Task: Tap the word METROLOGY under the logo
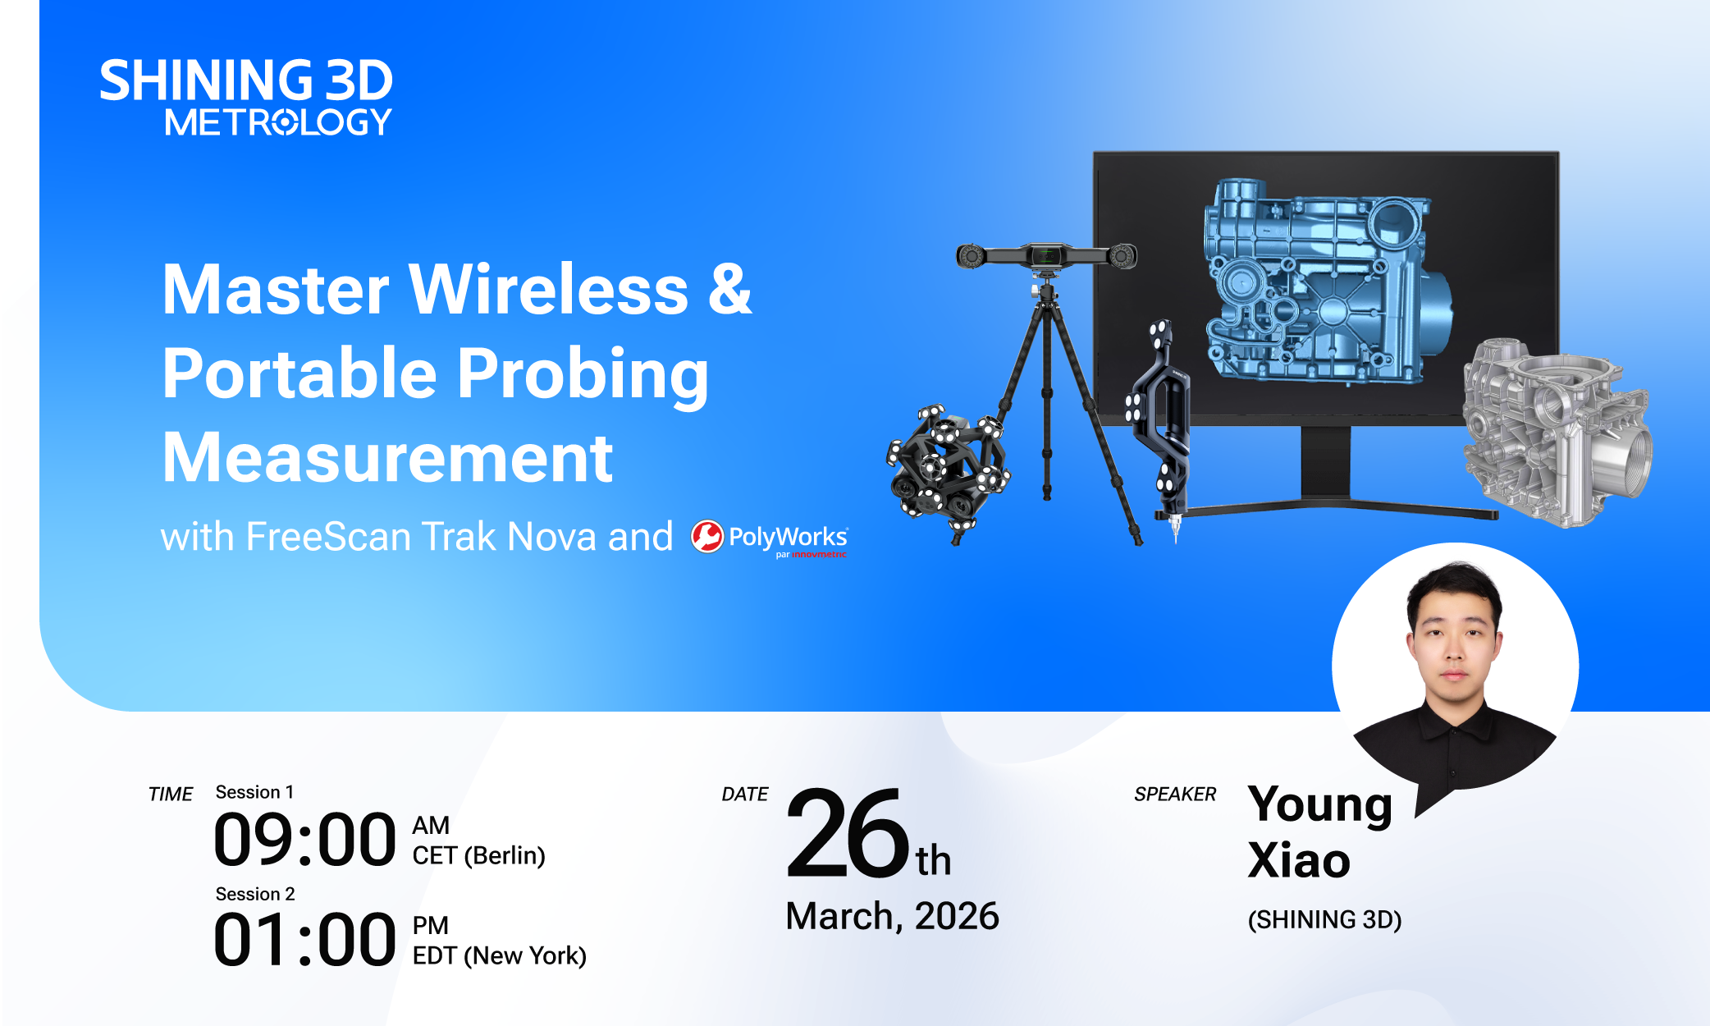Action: click(278, 122)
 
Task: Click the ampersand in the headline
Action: click(729, 289)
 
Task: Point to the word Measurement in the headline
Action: click(387, 457)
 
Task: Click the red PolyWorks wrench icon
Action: click(707, 537)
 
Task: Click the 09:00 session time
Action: click(304, 840)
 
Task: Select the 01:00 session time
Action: click(304, 940)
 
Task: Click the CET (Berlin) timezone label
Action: click(478, 855)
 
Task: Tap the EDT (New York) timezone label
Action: click(499, 955)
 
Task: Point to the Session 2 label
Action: click(254, 894)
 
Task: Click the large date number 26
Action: click(848, 832)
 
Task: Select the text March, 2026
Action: click(892, 916)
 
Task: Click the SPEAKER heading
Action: click(1175, 794)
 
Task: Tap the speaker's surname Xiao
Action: click(1299, 860)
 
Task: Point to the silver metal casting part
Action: click(1557, 433)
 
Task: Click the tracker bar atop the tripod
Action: click(1046, 256)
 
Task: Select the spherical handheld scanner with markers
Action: click(948, 469)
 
